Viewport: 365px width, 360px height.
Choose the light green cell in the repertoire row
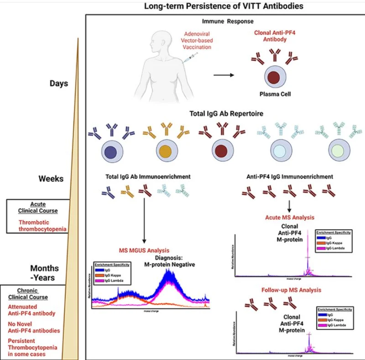[x=332, y=151]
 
